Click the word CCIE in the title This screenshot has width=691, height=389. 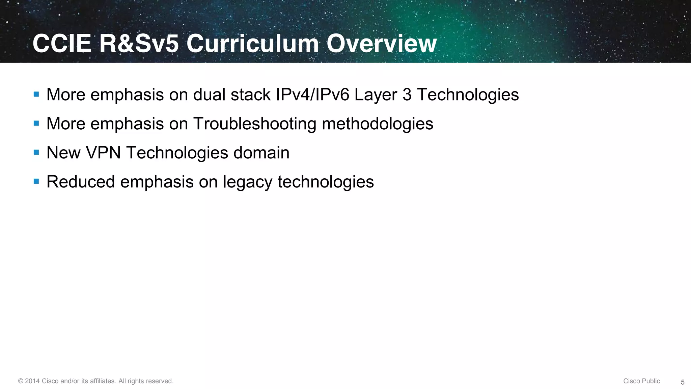click(x=62, y=44)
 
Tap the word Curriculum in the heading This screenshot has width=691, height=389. click(x=252, y=44)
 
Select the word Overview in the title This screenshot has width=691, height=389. click(x=381, y=44)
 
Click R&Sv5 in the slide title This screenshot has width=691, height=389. click(x=139, y=44)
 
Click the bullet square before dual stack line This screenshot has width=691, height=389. click(x=36, y=94)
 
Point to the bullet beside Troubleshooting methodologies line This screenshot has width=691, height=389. click(x=36, y=123)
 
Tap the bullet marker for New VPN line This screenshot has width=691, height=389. click(x=36, y=152)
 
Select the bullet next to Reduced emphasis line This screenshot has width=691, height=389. click(x=36, y=181)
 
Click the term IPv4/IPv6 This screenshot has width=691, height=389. click(x=312, y=95)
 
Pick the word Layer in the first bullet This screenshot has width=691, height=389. click(x=376, y=95)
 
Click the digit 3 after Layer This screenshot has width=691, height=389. click(x=407, y=95)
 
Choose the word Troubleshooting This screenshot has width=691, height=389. click(x=254, y=124)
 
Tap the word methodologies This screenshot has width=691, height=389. click(x=377, y=124)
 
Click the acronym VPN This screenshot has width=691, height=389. click(x=103, y=153)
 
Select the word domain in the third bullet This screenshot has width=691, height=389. click(x=261, y=153)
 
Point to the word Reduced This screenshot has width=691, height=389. click(x=81, y=182)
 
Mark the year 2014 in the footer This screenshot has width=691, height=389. click(x=32, y=381)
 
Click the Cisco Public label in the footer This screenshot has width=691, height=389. click(x=641, y=381)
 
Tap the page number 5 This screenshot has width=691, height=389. click(x=683, y=382)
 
